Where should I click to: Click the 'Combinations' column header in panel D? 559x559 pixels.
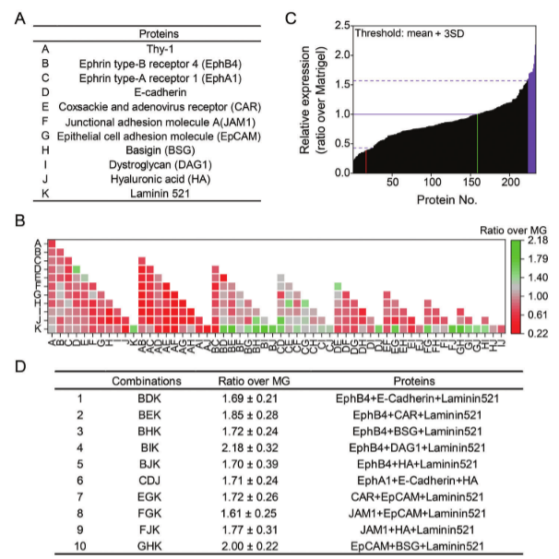click(146, 380)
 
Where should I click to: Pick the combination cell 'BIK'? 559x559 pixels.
click(146, 446)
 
